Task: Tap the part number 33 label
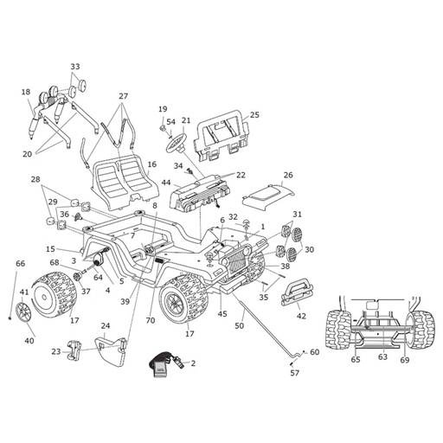coord(75,67)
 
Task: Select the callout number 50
coord(240,325)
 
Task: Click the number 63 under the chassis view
coord(382,357)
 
